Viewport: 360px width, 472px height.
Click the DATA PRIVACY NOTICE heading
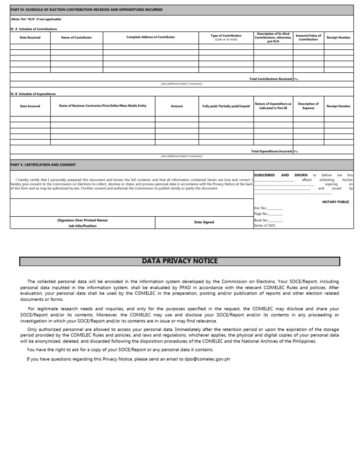point(180,261)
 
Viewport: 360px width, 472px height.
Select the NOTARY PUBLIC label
point(336,202)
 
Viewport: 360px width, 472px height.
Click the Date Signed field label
point(204,222)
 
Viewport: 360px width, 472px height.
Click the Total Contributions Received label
point(271,79)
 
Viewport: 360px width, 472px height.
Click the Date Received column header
point(30,38)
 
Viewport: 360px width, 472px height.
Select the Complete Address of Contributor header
point(150,37)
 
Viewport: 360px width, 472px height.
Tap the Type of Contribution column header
point(226,37)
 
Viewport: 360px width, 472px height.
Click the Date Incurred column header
point(30,106)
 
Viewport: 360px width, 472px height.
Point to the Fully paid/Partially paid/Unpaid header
point(226,107)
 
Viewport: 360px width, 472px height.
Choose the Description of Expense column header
point(308,106)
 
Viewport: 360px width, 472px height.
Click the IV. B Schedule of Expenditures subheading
point(33,94)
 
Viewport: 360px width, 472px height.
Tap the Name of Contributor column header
point(76,38)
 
